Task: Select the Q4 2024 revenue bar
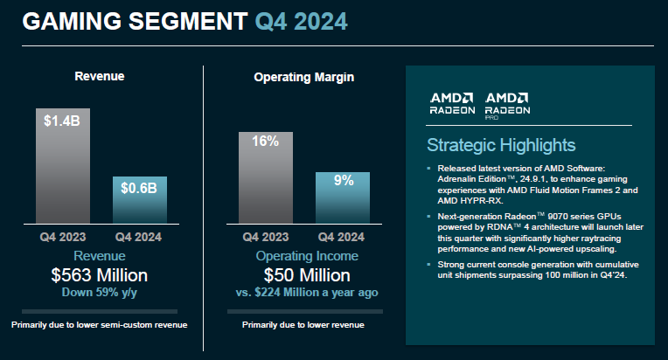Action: (140, 201)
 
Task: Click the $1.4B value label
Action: (62, 121)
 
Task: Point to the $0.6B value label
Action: (140, 189)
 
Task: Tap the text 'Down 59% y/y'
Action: (101, 293)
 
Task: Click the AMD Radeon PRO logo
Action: (507, 104)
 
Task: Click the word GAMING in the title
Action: (66, 22)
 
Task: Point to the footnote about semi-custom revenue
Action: (101, 325)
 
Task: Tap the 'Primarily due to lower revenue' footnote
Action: (303, 325)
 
